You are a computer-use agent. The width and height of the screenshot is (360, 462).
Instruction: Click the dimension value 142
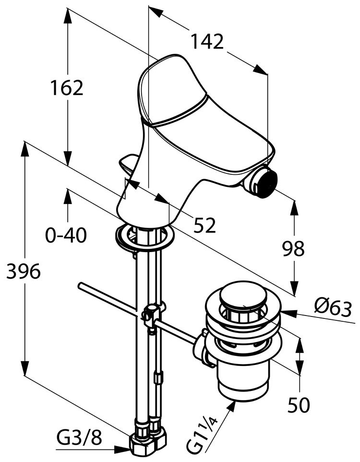pos(207,41)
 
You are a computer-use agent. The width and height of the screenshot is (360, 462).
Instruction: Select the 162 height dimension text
pos(67,87)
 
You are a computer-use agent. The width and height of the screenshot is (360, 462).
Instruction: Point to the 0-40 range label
pos(66,235)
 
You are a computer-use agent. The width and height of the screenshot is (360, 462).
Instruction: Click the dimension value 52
pos(205,225)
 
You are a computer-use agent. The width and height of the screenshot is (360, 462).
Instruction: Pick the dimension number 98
pos(293,248)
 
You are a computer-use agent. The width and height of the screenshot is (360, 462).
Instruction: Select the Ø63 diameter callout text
pos(333,308)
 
